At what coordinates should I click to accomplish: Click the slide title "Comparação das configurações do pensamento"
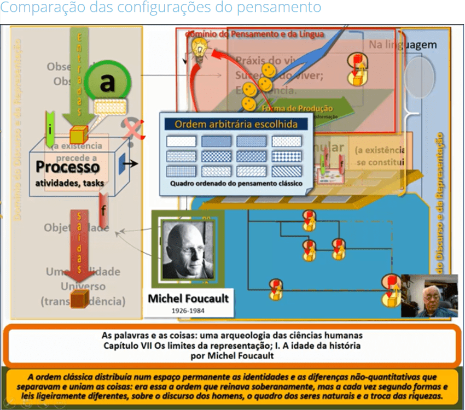click(161, 9)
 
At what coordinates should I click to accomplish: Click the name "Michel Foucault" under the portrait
click(188, 299)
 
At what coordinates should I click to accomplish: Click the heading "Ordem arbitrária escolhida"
click(236, 124)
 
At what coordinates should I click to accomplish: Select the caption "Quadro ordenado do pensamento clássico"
click(236, 184)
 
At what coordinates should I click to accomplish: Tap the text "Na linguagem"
click(403, 45)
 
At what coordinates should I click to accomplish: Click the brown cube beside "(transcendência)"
click(79, 299)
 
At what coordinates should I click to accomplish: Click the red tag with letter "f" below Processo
click(103, 209)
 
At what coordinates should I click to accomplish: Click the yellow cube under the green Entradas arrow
click(79, 134)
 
